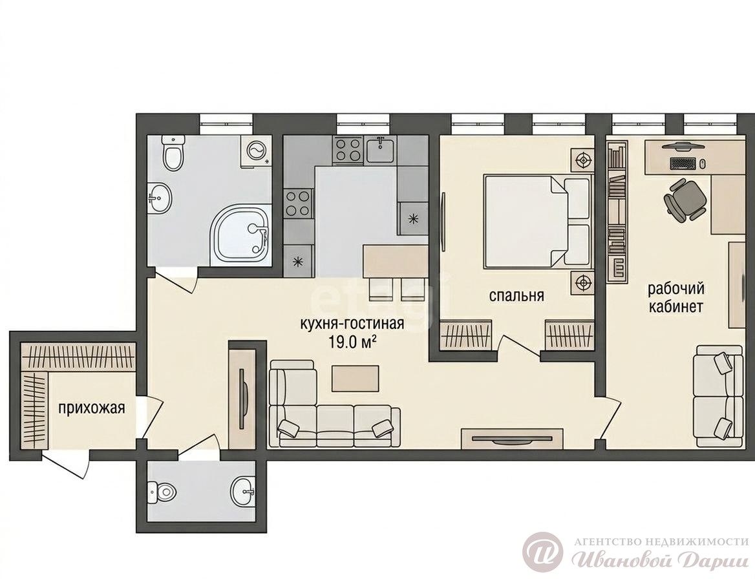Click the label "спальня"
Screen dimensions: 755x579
[x=516, y=295]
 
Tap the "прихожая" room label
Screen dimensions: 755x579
[x=92, y=408]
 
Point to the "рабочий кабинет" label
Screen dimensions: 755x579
[x=676, y=297]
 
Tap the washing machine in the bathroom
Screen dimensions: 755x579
[x=256, y=151]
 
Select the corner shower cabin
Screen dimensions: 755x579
[x=241, y=235]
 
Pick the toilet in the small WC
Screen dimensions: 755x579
[x=163, y=492]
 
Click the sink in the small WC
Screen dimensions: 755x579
[x=243, y=492]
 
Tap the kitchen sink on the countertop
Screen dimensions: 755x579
[x=380, y=149]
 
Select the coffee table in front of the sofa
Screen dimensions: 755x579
[x=356, y=378]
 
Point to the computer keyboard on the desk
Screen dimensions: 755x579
[x=683, y=163]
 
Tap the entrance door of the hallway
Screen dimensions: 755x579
[x=65, y=465]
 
